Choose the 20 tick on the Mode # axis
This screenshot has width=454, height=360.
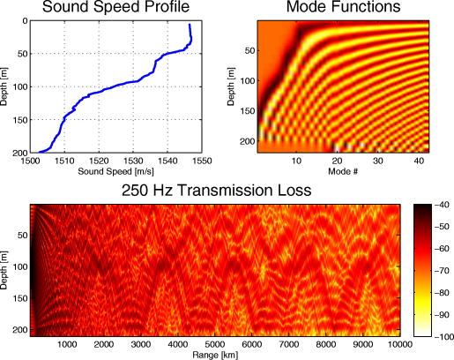(336, 161)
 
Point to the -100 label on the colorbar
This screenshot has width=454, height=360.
(440, 335)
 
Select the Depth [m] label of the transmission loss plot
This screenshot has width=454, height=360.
(8, 269)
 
